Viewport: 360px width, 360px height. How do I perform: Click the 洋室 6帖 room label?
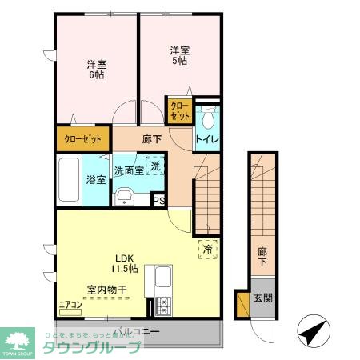point(96,69)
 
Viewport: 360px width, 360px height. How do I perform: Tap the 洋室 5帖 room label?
point(179,56)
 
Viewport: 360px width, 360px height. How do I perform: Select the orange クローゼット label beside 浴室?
point(83,139)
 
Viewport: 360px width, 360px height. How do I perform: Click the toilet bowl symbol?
point(207,120)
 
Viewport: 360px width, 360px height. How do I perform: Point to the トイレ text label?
point(207,141)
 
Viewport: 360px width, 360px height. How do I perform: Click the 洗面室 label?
point(128,170)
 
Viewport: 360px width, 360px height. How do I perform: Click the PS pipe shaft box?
point(159,201)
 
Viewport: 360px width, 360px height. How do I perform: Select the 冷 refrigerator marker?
point(207,250)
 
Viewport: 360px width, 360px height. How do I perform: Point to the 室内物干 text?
point(106,290)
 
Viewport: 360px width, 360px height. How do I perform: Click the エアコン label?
point(70,304)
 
